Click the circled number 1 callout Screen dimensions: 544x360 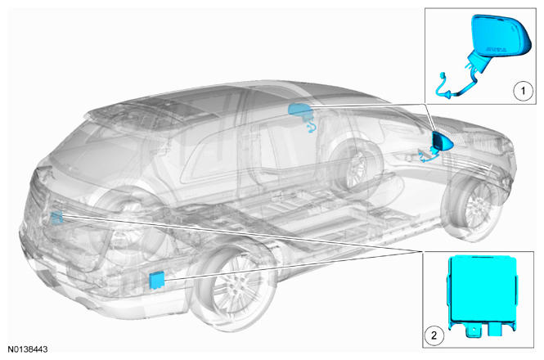[x=523, y=92]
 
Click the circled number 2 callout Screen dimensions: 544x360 [x=434, y=335]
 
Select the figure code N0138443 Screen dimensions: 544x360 [x=28, y=349]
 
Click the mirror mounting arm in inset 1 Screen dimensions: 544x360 [x=478, y=61]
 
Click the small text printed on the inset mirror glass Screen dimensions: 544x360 [x=496, y=49]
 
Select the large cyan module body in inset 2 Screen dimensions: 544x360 [x=483, y=289]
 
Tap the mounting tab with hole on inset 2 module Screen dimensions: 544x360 [x=472, y=331]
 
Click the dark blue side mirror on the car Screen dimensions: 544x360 [x=442, y=142]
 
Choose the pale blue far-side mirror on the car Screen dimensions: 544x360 [x=300, y=110]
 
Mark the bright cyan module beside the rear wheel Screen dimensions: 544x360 [x=157, y=281]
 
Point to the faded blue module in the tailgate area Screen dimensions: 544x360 [x=56, y=218]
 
